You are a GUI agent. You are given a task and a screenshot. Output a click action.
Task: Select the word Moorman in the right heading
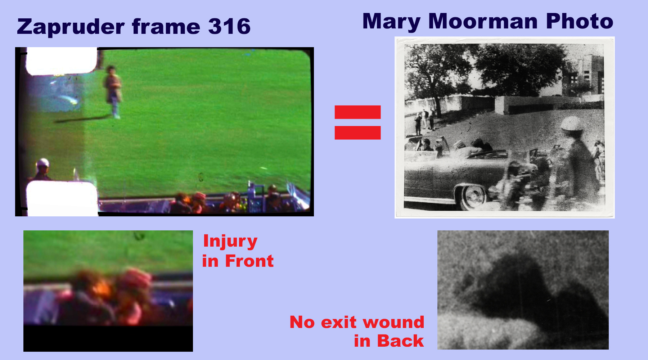484,21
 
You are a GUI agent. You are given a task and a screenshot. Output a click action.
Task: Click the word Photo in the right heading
580,21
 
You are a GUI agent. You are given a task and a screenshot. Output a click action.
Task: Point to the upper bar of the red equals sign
357,112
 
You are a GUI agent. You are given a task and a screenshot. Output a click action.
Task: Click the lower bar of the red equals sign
357,132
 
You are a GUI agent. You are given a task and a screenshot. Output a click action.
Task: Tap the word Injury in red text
230,242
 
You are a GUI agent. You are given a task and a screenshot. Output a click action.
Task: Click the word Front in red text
249,261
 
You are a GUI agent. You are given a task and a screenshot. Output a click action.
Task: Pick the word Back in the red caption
400,341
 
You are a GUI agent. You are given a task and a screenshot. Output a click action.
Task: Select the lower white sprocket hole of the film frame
62,198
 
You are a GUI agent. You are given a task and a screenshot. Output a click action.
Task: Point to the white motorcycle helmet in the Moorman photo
572,123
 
